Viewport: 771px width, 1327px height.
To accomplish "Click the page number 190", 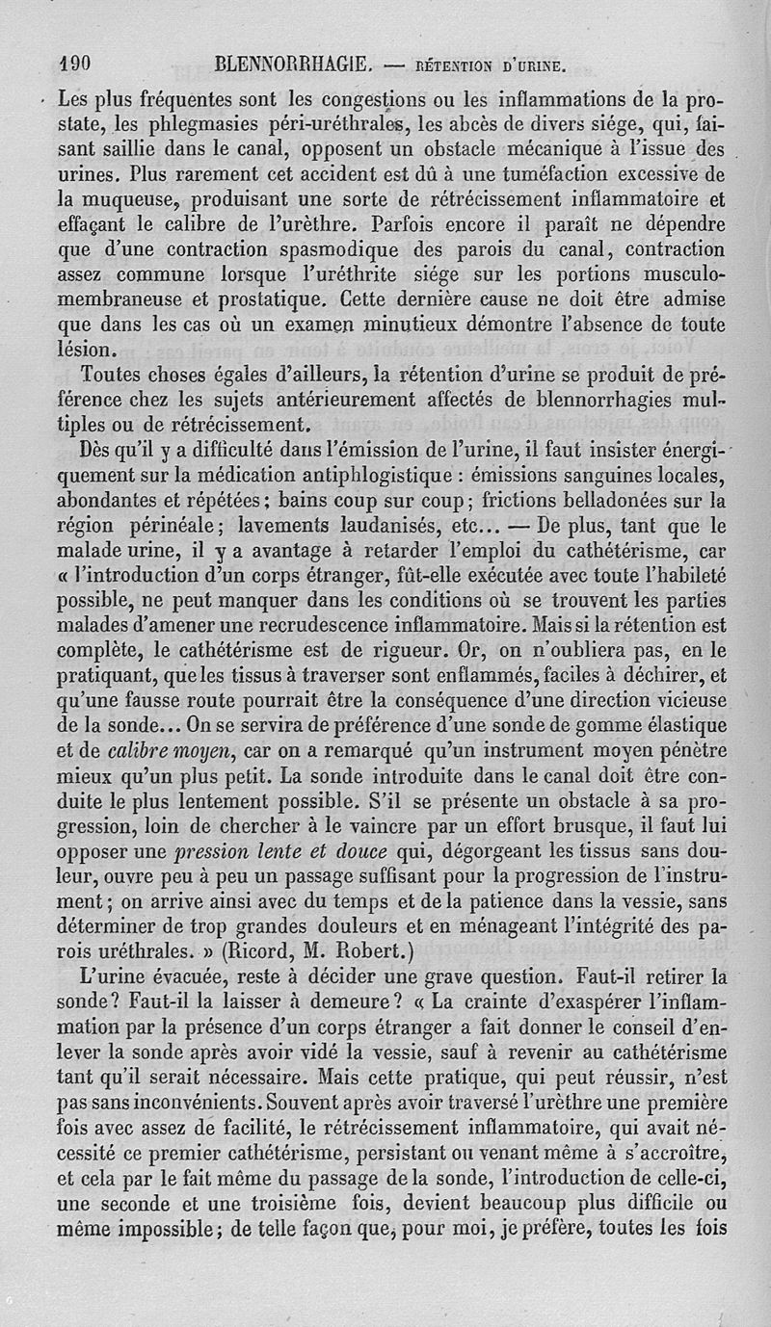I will point(73,65).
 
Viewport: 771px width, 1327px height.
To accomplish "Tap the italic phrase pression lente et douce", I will point(279,852).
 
